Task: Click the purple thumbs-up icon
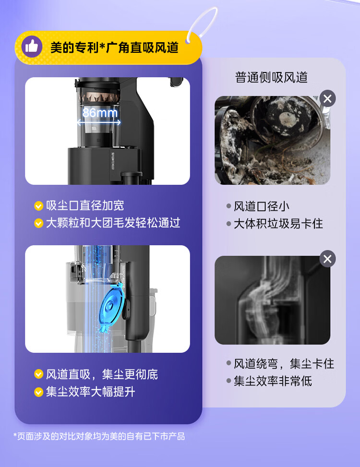32,47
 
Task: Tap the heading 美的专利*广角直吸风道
114,48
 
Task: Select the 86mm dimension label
100,113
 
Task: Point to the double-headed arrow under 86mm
99,122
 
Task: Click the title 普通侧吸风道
271,77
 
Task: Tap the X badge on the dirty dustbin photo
327,98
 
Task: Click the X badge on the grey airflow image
327,259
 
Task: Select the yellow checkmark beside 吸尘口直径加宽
39,206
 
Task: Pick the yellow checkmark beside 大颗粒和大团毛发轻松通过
39,223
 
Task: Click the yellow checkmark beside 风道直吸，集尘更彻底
39,374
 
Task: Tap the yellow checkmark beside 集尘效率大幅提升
39,392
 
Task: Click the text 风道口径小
261,206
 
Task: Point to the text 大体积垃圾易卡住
278,224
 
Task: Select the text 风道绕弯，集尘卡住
284,364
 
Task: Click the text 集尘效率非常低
273,381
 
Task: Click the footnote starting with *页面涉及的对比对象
99,437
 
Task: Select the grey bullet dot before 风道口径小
228,206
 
